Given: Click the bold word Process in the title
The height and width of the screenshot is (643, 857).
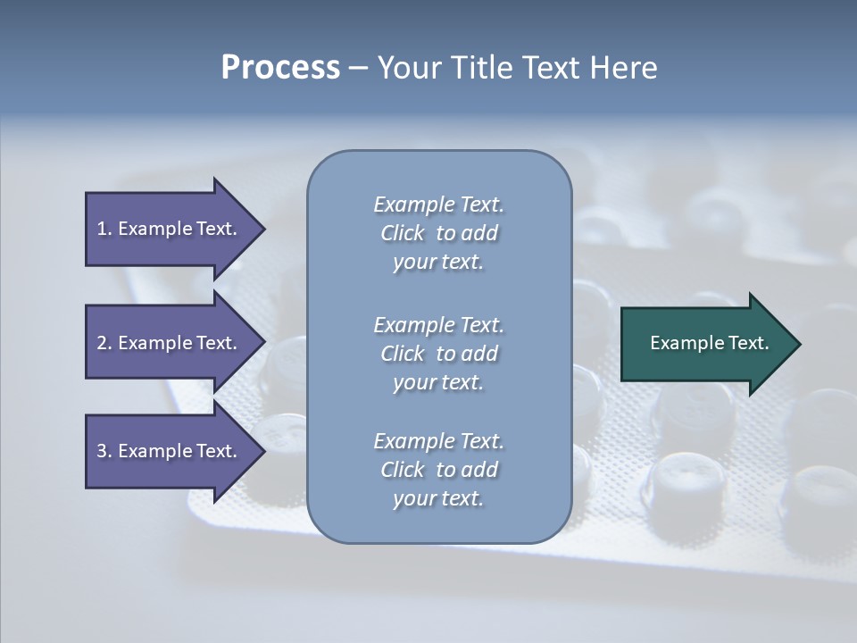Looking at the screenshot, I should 280,68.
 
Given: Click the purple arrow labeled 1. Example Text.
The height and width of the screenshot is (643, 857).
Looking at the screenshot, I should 166,229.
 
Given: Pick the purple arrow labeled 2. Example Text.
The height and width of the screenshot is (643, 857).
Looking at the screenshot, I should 166,343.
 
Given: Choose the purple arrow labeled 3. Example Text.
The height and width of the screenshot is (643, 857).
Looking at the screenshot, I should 166,451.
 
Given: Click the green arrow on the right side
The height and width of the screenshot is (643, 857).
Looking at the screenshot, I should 705,344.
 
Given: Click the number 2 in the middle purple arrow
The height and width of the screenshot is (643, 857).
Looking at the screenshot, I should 102,343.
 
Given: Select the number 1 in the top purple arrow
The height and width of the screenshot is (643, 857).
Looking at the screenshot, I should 102,229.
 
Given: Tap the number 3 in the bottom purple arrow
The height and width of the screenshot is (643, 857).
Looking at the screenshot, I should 102,451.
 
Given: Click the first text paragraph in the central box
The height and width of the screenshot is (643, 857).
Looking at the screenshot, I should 438,233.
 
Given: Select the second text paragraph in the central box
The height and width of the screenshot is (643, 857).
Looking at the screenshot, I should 438,354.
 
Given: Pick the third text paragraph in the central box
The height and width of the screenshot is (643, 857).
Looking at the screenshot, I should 438,470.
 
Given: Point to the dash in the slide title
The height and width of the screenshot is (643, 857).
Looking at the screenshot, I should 358,68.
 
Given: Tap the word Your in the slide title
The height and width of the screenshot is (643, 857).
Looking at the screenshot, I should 408,68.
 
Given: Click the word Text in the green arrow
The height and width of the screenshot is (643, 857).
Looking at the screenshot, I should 748,343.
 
